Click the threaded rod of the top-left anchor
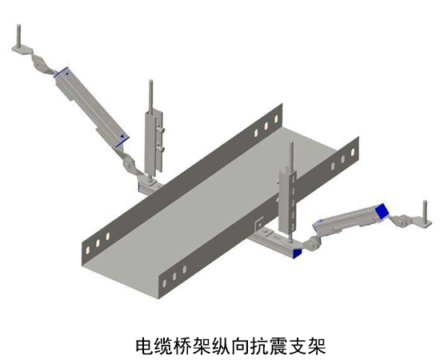click(x=18, y=35)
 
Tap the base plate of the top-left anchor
click(x=22, y=50)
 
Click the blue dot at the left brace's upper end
click(x=67, y=74)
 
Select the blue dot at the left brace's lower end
click(x=122, y=137)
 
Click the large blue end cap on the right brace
click(x=382, y=211)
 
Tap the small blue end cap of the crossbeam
click(x=298, y=253)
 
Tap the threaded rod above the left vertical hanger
click(x=151, y=96)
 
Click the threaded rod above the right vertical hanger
click(x=291, y=157)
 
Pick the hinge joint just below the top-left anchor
click(x=39, y=63)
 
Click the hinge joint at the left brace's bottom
click(x=129, y=164)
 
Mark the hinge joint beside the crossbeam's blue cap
click(x=312, y=244)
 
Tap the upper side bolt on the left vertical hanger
click(x=162, y=130)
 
